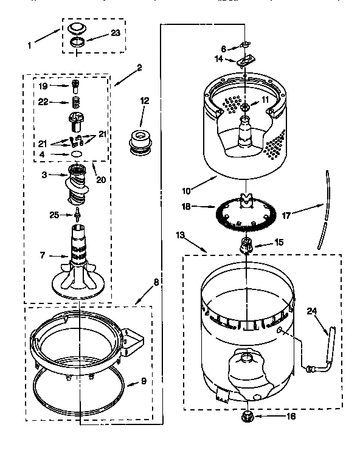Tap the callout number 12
click(x=144, y=101)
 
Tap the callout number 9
click(x=144, y=382)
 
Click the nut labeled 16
click(x=247, y=416)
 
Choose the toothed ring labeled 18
click(x=246, y=213)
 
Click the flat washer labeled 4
click(x=77, y=154)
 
